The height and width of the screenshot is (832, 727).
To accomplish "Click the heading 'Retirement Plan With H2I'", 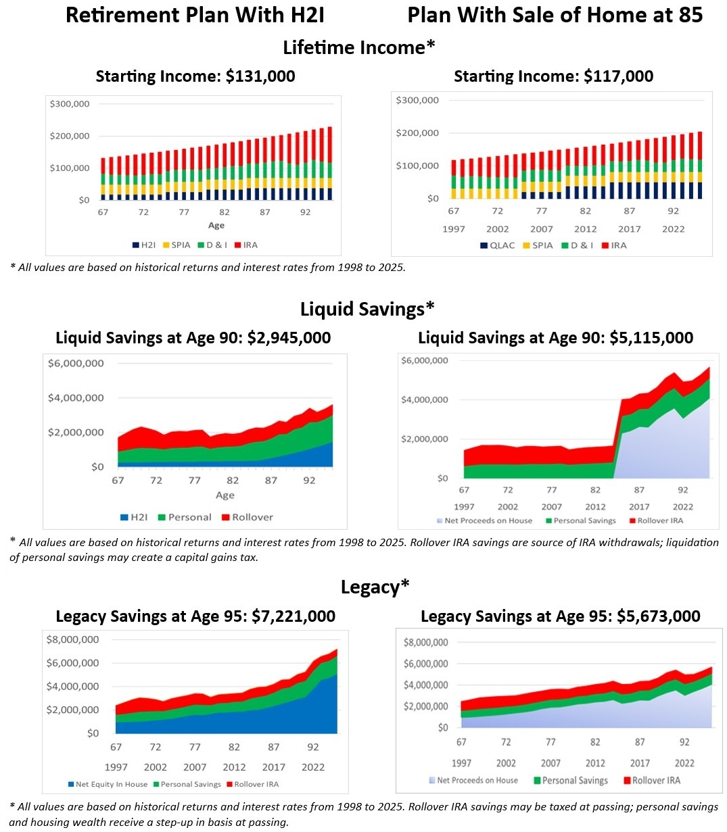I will pyautogui.click(x=195, y=15).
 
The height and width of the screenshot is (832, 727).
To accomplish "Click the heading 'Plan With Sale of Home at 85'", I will pyautogui.click(x=555, y=15).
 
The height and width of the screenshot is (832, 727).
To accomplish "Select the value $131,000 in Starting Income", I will pyautogui.click(x=260, y=76).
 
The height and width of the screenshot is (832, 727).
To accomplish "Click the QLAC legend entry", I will pyautogui.click(x=501, y=245).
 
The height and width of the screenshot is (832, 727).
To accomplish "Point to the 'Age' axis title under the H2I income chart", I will pyautogui.click(x=216, y=225).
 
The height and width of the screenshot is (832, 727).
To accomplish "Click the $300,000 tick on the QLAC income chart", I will pyautogui.click(x=417, y=100).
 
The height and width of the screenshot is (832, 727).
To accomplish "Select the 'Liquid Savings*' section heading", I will pyautogui.click(x=367, y=310).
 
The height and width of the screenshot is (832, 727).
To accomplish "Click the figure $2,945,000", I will pyautogui.click(x=289, y=338).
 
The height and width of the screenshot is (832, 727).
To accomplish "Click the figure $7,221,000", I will pyautogui.click(x=293, y=616).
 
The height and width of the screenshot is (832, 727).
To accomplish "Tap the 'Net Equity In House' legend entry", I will pyautogui.click(x=111, y=785).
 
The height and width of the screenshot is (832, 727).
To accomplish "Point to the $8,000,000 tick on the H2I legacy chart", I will pyautogui.click(x=72, y=639).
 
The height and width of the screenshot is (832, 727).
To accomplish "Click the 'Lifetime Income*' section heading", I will pyautogui.click(x=358, y=47).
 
